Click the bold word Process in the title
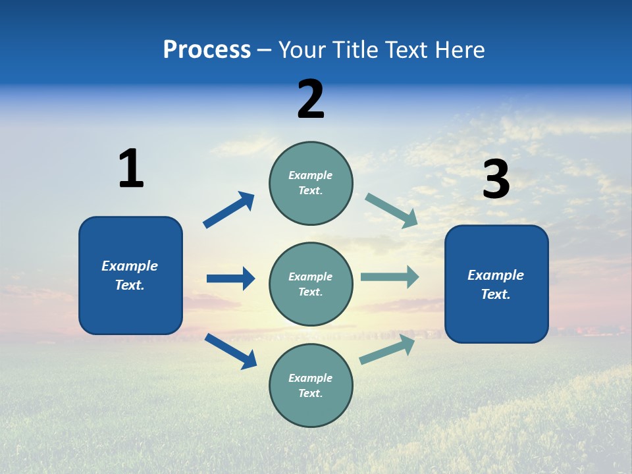coord(207,49)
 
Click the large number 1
coord(131,169)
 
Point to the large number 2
coord(311,99)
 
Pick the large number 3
coord(496,180)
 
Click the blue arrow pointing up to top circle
coord(229,209)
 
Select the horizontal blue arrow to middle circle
coord(231,278)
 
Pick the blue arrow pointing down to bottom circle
coord(230,350)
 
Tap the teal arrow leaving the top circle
coord(392,210)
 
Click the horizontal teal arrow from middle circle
coord(390,276)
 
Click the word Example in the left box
coord(130,266)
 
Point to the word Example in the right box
coord(496,275)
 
